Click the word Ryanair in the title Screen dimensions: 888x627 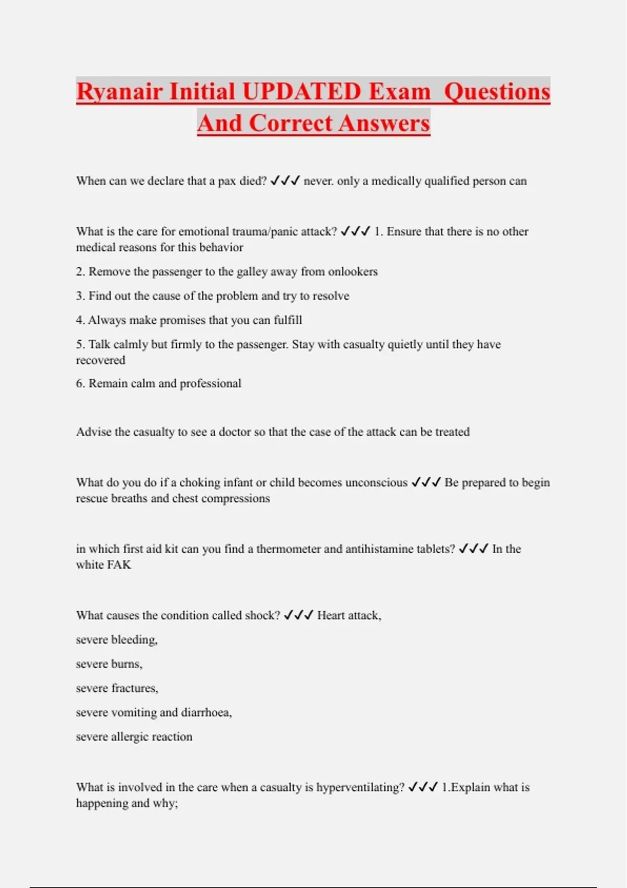(x=119, y=91)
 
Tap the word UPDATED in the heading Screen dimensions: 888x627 (x=302, y=91)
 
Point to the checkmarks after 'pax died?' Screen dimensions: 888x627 (x=285, y=181)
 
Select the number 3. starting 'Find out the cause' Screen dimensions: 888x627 (x=80, y=296)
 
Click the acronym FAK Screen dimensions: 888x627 (x=119, y=565)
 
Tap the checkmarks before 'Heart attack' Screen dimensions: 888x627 (x=298, y=615)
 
